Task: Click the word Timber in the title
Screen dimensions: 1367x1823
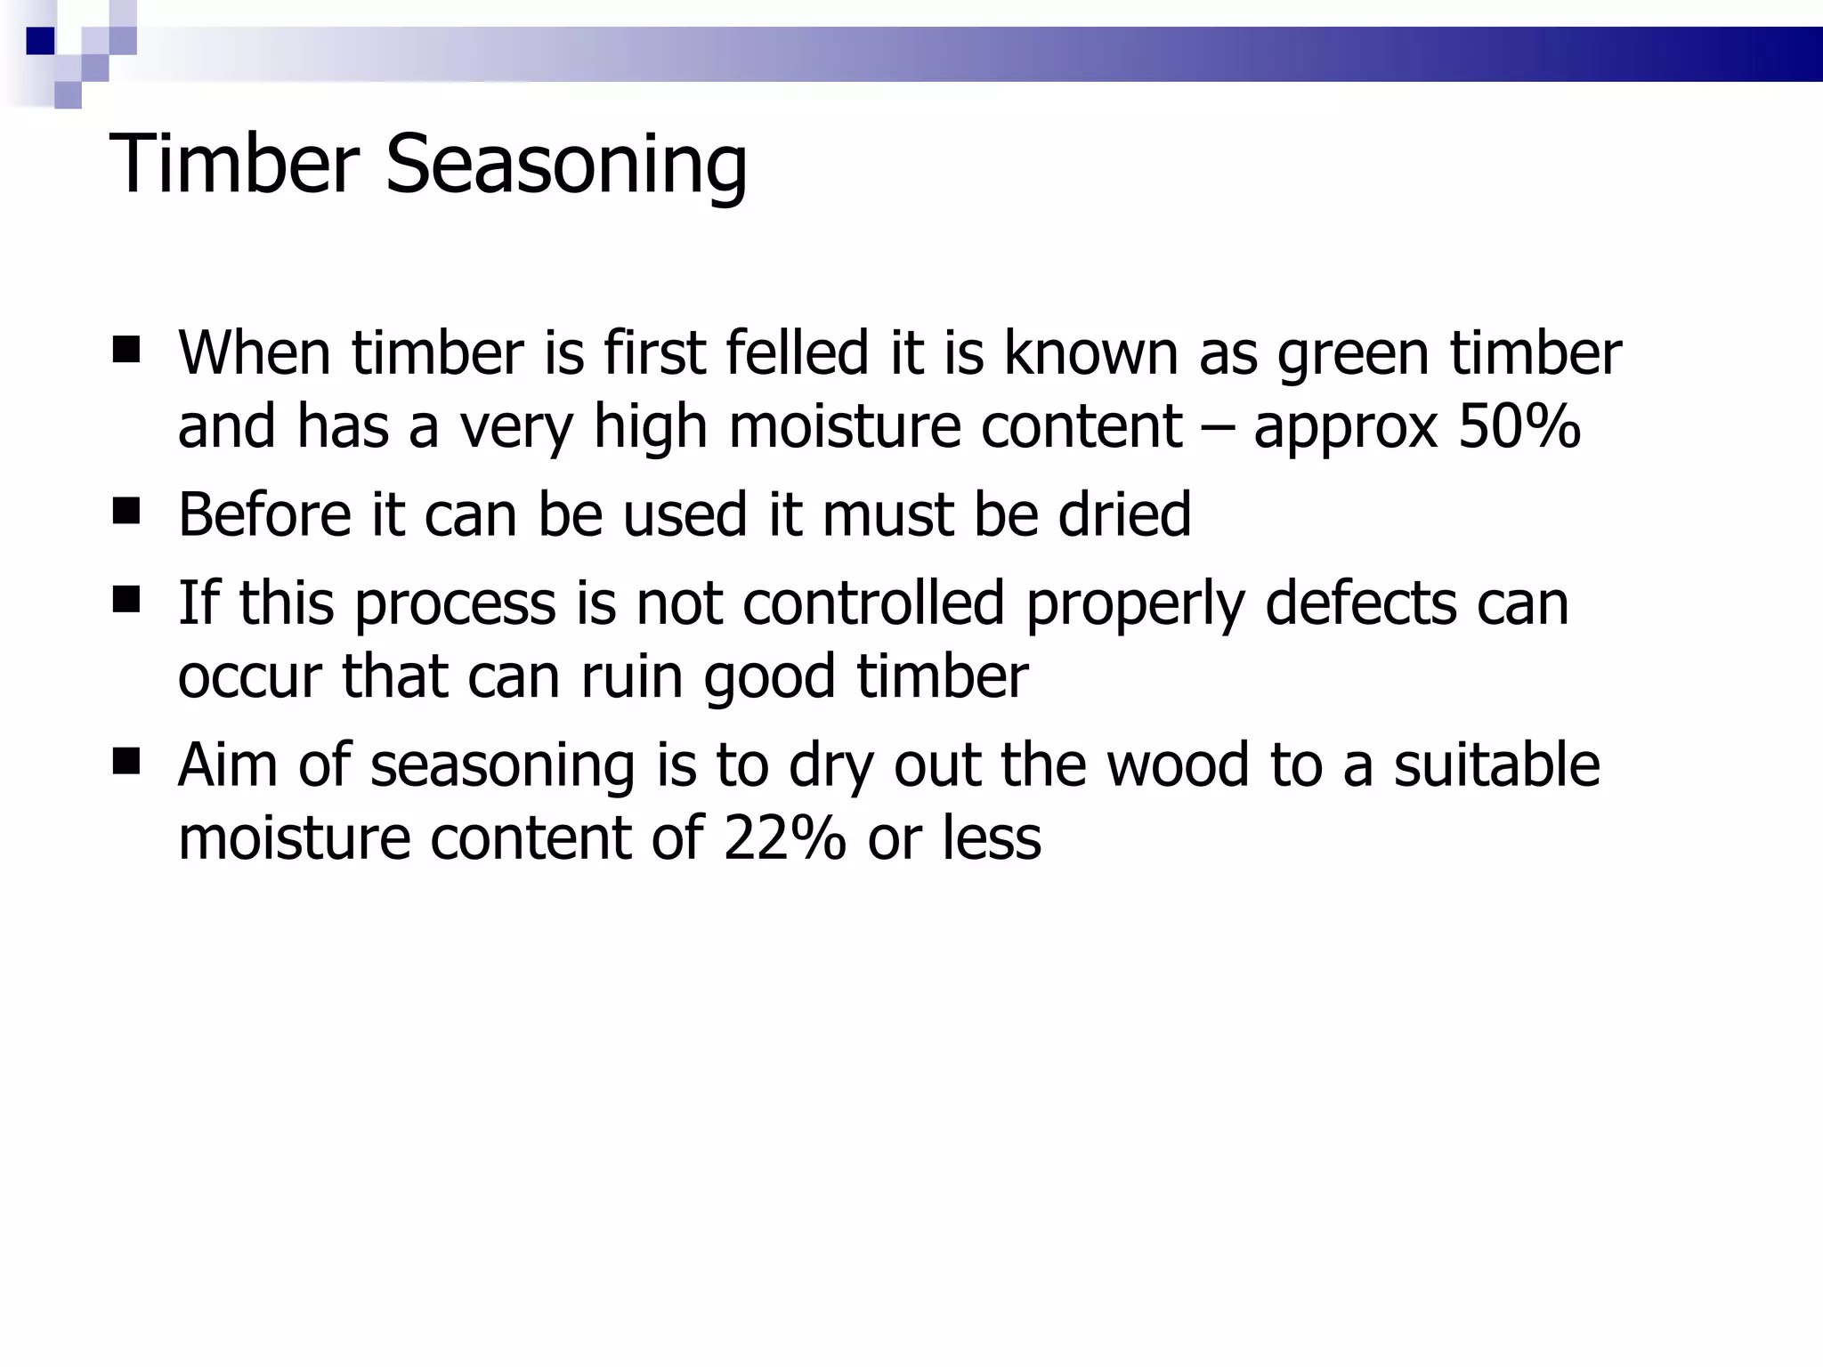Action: (x=233, y=165)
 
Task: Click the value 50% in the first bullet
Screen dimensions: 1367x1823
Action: (x=1519, y=426)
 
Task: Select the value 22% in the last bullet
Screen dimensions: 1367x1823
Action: (x=784, y=838)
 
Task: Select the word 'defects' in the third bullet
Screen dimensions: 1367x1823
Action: (x=1361, y=603)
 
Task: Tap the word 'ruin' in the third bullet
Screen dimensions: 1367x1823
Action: (x=633, y=676)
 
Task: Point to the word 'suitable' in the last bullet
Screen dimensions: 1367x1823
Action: (x=1496, y=764)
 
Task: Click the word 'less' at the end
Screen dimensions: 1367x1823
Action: (x=991, y=838)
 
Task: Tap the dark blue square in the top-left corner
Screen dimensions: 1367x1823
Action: (x=41, y=41)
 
